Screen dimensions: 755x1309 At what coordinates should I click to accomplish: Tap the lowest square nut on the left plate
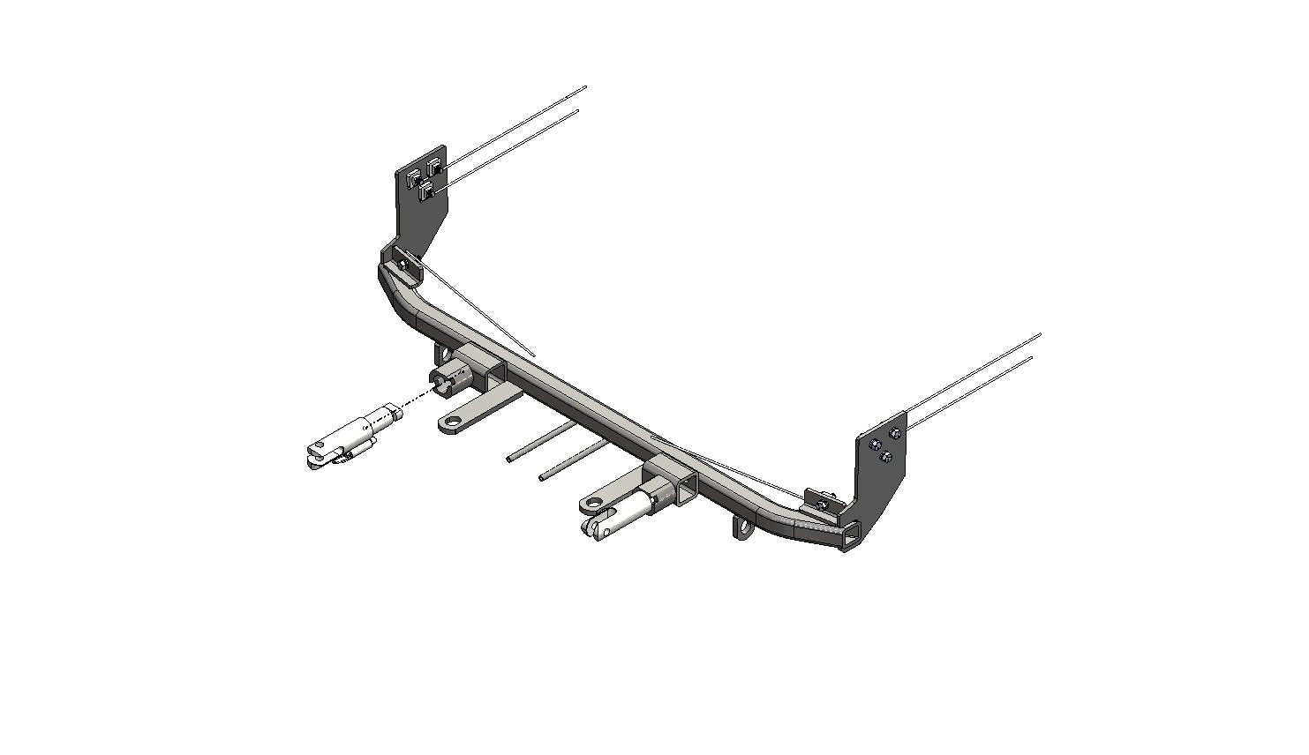tap(426, 191)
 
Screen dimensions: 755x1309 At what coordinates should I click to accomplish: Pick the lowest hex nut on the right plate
tap(884, 455)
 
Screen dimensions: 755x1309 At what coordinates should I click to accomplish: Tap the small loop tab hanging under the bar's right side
tap(743, 528)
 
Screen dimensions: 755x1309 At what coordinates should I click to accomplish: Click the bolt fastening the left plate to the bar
tap(402, 262)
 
